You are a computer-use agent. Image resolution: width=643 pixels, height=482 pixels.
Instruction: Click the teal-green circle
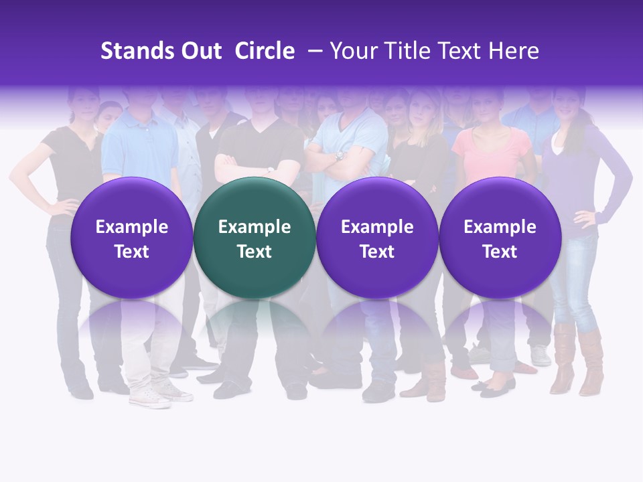coord(255,238)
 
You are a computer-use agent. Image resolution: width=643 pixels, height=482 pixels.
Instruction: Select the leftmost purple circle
coord(131,238)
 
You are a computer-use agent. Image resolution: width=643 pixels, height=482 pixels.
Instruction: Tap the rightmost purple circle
coord(500,238)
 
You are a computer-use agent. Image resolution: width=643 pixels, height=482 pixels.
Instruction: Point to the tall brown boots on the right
coord(576,358)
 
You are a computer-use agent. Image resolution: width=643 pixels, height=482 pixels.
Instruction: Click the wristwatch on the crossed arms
coord(340,155)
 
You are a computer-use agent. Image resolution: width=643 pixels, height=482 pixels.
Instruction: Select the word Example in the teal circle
coord(255,227)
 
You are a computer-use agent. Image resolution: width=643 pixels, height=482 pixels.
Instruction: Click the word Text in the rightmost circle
coord(500,252)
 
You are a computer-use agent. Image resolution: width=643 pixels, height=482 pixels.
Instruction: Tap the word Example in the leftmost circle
coord(131,227)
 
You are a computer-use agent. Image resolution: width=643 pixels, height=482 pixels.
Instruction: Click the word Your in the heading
coord(352,51)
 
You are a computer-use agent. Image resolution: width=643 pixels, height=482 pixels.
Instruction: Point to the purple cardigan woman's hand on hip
coord(585,217)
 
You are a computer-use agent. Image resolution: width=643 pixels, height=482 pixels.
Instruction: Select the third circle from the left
coord(377,238)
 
